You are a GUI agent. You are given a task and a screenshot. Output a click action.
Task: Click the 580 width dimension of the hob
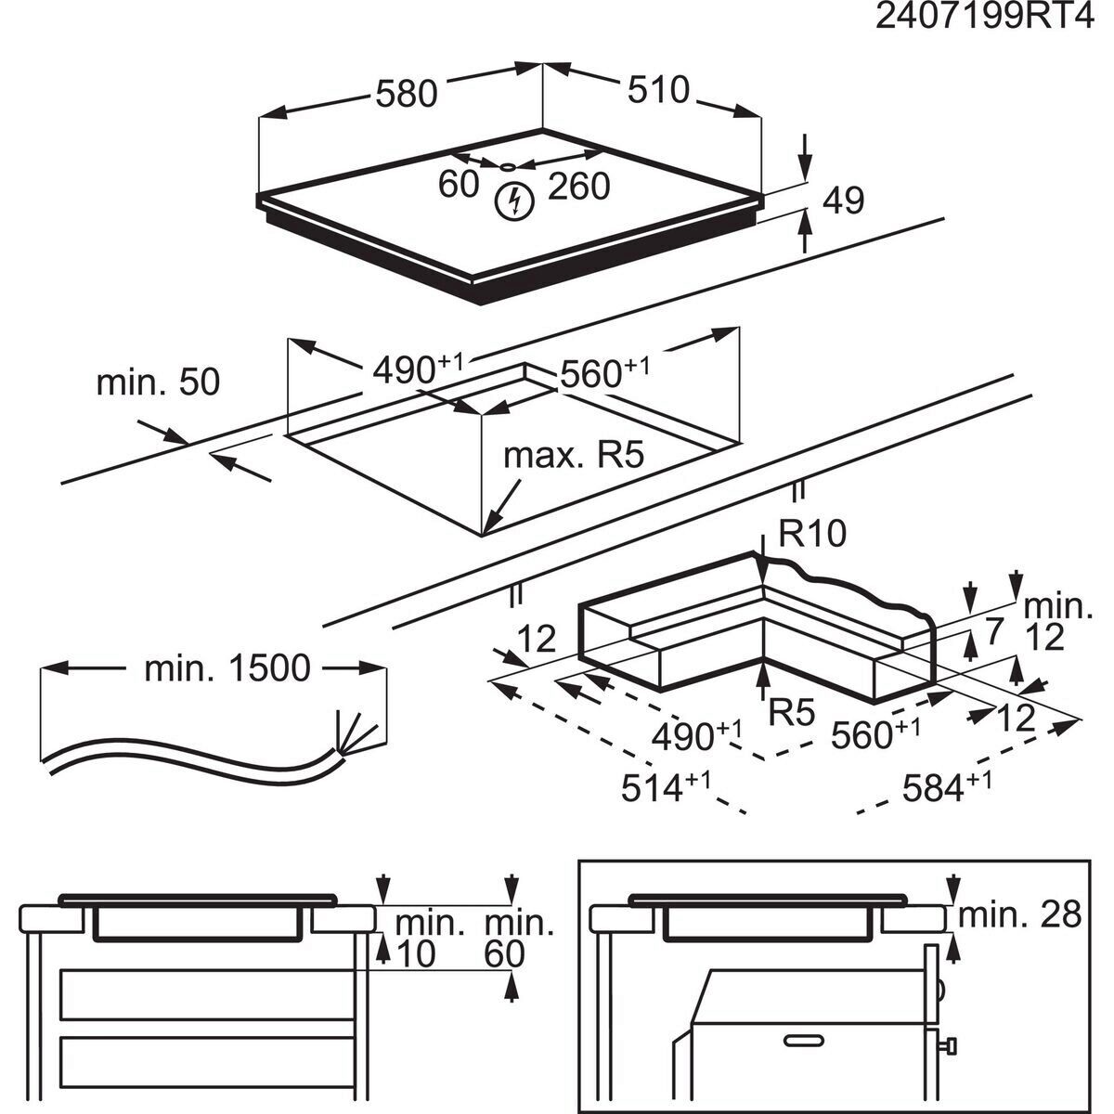click(406, 93)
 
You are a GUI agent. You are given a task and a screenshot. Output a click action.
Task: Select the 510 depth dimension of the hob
click(658, 90)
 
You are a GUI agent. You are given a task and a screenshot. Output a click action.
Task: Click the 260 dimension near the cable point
click(578, 187)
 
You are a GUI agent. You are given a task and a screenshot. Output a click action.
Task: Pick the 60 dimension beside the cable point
click(458, 185)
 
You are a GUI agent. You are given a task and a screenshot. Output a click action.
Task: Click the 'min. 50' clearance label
click(158, 382)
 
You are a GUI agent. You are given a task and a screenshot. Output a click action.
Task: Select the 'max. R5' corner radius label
click(573, 456)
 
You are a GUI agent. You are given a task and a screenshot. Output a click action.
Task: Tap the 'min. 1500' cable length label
click(227, 667)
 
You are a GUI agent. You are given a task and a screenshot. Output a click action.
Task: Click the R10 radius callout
click(812, 535)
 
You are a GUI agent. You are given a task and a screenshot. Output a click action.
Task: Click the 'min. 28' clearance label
click(1019, 915)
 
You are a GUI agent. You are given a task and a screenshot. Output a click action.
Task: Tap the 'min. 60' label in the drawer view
click(518, 938)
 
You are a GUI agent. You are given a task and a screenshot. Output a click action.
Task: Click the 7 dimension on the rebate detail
click(994, 633)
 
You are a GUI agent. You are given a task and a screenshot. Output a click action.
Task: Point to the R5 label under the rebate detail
click(792, 713)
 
